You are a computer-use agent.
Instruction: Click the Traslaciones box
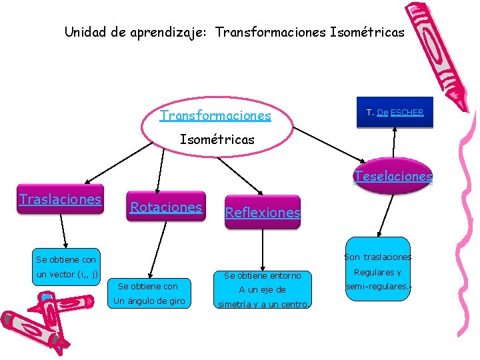[x=61, y=199]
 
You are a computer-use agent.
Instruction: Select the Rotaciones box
[x=165, y=207]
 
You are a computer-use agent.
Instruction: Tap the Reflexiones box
[x=263, y=213]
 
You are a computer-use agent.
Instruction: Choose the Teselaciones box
[x=393, y=177]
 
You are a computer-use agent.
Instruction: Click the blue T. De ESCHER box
[x=395, y=113]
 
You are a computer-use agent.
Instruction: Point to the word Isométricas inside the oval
[x=217, y=139]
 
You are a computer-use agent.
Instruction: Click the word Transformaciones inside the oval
[x=215, y=115]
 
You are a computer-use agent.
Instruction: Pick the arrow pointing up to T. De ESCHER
[x=395, y=147]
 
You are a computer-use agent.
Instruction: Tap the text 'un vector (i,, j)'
[x=67, y=274]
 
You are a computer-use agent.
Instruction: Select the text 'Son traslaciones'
[x=378, y=257]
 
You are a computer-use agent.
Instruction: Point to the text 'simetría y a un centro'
[x=263, y=305]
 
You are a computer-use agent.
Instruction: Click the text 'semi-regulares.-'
[x=378, y=286]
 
